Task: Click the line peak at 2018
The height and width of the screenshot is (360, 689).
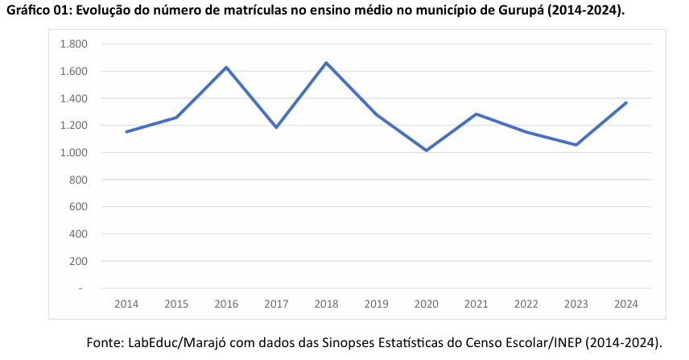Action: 326,63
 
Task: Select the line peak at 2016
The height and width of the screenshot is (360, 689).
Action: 226,67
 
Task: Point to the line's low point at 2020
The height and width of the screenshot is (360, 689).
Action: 426,151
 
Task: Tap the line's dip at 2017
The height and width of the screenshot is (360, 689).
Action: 276,127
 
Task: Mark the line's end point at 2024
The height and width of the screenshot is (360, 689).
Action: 625,102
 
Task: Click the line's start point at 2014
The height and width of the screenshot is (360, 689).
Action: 126,131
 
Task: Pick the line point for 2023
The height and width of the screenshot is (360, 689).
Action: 576,145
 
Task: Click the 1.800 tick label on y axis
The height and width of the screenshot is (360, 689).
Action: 73,44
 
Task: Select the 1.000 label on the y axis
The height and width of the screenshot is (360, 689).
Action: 73,153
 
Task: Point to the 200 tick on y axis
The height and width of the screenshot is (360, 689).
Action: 78,261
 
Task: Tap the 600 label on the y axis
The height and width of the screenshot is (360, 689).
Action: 78,207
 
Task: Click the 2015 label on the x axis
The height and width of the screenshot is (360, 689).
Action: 176,304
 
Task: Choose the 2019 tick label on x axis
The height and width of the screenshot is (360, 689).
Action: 376,304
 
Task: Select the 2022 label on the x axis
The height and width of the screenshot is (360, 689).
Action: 526,304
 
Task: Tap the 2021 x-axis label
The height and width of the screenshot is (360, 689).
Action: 476,304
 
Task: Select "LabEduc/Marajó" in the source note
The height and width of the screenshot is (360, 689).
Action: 175,342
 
